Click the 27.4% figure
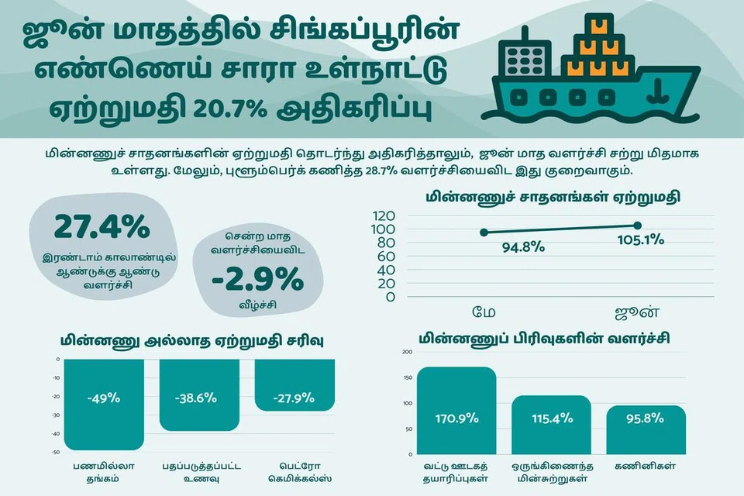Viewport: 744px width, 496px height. (102, 227)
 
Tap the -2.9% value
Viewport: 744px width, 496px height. (257, 279)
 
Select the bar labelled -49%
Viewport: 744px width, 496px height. (104, 405)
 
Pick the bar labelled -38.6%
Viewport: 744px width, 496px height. (199, 395)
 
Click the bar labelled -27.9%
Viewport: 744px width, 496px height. (294, 385)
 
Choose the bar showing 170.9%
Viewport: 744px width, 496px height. (456, 411)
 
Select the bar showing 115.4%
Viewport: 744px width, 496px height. (551, 425)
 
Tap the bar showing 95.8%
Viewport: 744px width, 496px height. (646, 430)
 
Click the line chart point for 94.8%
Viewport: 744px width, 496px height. (484, 232)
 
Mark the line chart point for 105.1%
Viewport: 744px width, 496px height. (637, 226)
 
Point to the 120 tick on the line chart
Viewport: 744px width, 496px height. (384, 216)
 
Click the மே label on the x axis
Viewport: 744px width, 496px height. (484, 312)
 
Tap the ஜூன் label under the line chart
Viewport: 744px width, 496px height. (637, 312)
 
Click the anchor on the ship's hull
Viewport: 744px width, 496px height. (658, 92)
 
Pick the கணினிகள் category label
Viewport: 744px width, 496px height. (646, 466)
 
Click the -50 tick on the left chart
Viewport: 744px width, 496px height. (56, 453)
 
